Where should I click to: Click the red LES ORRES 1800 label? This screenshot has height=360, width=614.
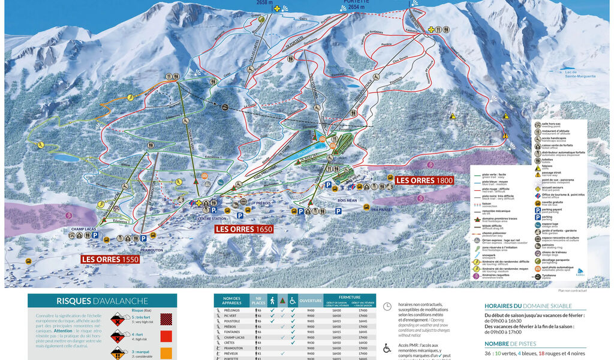click(x=424, y=180)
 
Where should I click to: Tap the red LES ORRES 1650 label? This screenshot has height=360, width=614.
click(x=244, y=229)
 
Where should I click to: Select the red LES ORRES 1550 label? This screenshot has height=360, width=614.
click(x=110, y=259)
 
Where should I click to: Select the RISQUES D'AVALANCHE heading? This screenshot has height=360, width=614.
click(x=102, y=302)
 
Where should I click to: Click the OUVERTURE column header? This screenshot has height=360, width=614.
click(x=311, y=301)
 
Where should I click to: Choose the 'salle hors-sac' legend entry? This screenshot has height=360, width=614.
click(x=553, y=124)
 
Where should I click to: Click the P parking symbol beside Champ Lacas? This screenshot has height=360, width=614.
click(x=95, y=236)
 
